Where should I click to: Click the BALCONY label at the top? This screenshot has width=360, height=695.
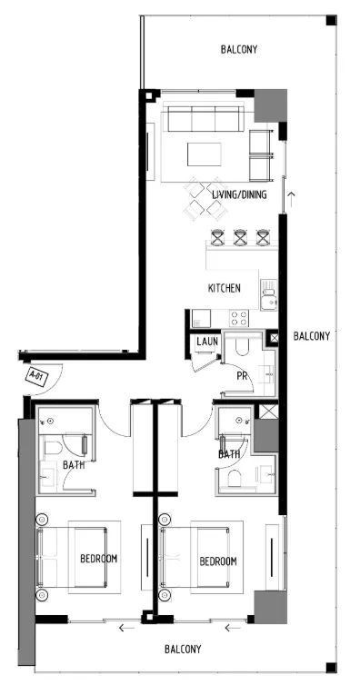[x=239, y=49]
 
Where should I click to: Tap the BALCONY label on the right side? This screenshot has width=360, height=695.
[x=311, y=336]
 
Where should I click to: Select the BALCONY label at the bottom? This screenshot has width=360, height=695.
[x=183, y=650]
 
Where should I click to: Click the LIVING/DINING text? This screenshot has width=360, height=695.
[x=239, y=194]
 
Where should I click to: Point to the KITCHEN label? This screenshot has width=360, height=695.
[x=225, y=288]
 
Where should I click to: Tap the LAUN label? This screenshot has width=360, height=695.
[x=205, y=342]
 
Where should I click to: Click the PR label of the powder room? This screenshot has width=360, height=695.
[x=243, y=375]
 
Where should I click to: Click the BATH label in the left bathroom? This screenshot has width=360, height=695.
[x=74, y=465]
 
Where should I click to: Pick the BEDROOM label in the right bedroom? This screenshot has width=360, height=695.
[x=218, y=561]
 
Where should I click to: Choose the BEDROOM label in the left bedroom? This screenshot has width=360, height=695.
[x=98, y=559]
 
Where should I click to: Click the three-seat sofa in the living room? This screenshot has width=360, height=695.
[x=202, y=119]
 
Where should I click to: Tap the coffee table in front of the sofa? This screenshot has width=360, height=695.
[x=204, y=154]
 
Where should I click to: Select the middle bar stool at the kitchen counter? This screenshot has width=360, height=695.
[x=240, y=237]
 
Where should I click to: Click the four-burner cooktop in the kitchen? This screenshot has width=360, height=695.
[x=239, y=318]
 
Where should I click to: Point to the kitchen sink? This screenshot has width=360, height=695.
[x=267, y=290]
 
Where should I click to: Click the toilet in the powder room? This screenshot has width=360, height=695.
[x=241, y=346]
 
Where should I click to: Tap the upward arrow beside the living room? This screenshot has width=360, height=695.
[x=291, y=194]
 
